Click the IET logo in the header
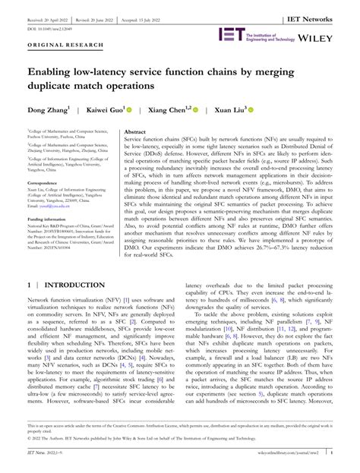coord(232,34)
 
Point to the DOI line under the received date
coord(49,18)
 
